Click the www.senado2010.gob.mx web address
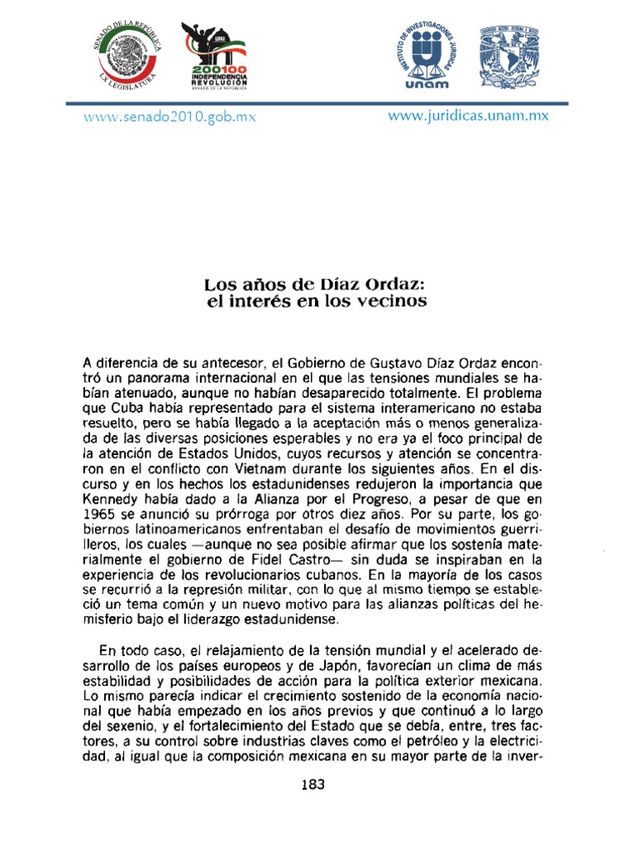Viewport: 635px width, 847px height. click(170, 117)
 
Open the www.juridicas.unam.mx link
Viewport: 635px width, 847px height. click(468, 116)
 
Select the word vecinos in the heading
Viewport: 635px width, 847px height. click(394, 303)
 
